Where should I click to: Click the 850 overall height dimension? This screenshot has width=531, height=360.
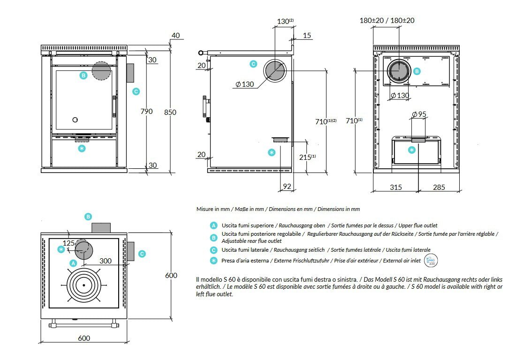click(170, 112)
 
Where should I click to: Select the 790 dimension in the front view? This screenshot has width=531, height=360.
click(147, 112)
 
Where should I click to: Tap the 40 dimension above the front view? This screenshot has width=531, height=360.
click(175, 36)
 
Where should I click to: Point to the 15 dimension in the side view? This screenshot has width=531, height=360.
click(307, 36)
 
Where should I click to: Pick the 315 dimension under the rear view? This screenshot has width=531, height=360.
click(396, 187)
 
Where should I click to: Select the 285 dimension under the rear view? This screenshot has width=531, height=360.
click(439, 187)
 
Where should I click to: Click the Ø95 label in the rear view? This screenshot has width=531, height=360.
click(418, 114)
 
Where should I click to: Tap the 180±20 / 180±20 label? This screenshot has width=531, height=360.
click(387, 21)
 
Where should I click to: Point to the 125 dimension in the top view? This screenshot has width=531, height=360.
click(69, 243)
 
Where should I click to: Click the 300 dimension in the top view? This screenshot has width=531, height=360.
click(105, 261)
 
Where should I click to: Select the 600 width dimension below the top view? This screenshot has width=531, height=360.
click(84, 338)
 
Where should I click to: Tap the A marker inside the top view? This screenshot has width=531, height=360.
click(73, 263)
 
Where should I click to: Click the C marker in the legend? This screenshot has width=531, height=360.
click(213, 250)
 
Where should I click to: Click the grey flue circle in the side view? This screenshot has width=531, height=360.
click(274, 70)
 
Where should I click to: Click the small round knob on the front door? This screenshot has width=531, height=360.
click(75, 119)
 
